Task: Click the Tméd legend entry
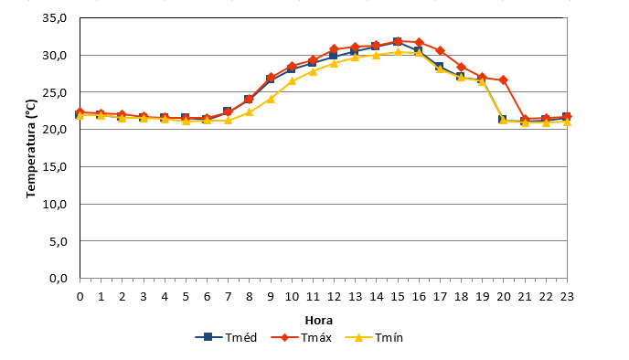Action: pos(226,337)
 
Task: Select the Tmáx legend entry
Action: pos(302,337)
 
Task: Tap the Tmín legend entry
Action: pos(374,337)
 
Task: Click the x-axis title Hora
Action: pos(318,321)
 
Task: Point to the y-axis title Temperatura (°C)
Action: pos(31,148)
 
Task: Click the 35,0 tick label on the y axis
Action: pos(55,18)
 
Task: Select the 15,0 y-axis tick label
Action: pos(55,167)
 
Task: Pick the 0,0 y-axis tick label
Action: pos(59,278)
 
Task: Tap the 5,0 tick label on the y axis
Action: pos(59,241)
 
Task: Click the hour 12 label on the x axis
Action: pos(334,297)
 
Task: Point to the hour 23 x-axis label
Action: pos(567,297)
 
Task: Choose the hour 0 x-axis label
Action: pos(80,297)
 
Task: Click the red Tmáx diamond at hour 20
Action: pos(504,80)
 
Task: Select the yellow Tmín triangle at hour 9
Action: pos(271,99)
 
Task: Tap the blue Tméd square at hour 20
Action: pos(502,119)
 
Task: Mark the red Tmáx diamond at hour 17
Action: pos(440,50)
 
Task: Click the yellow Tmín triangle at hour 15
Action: pos(398,52)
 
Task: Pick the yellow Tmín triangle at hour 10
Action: pos(292,81)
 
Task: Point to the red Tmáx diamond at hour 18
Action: pos(462,67)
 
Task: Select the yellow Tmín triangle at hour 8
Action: pos(249,112)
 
